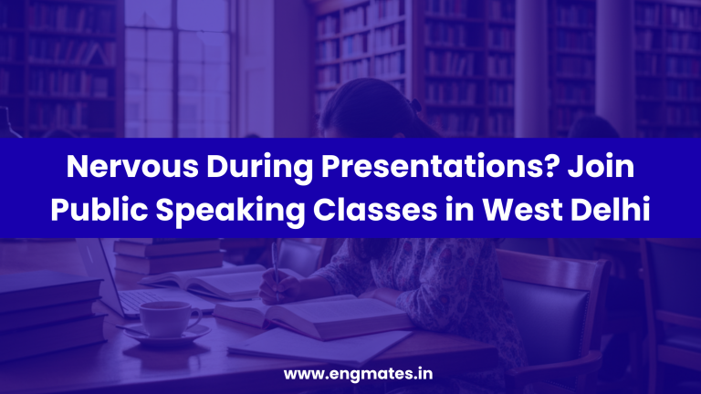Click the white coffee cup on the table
coord(167,317)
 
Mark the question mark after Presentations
coord(537,169)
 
